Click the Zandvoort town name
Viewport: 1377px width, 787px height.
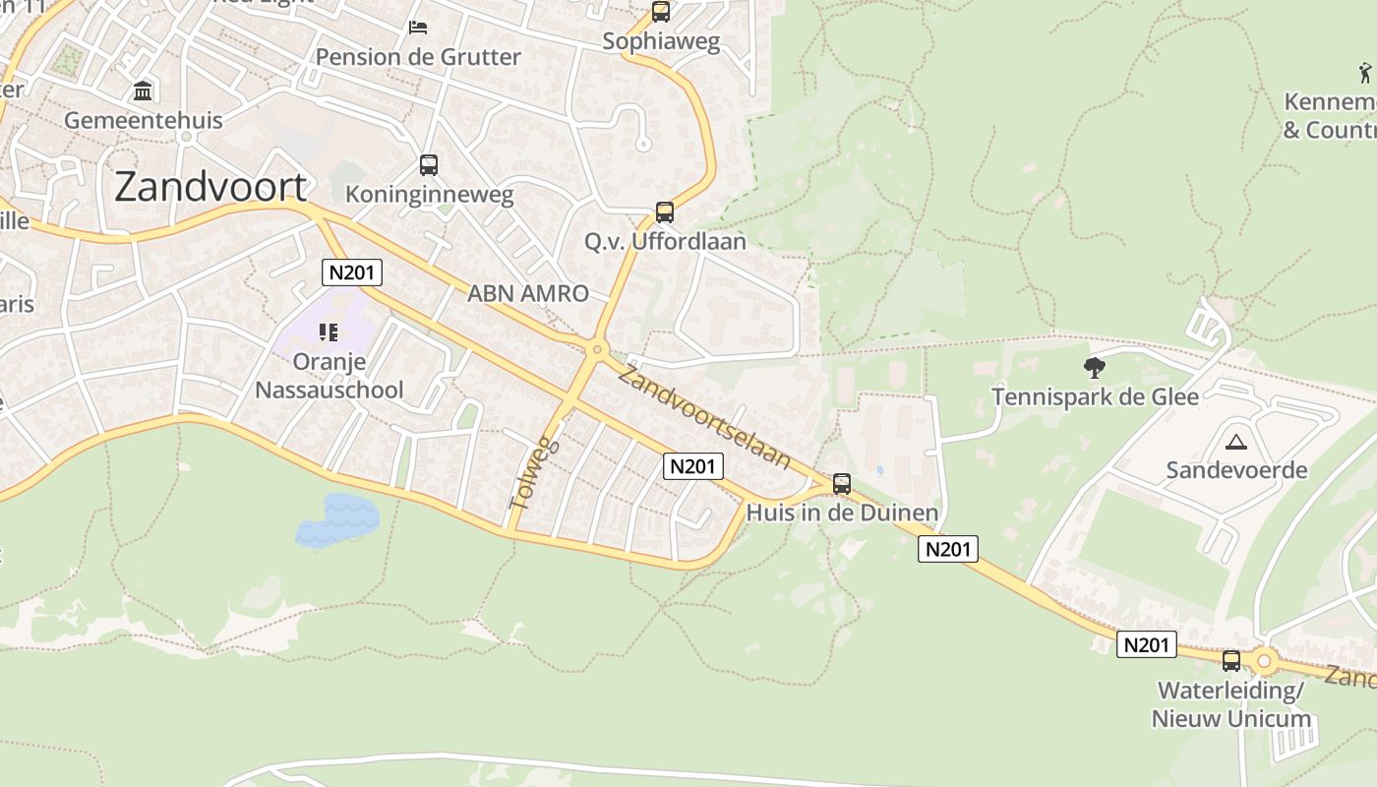(x=210, y=186)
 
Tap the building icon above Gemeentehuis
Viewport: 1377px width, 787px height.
(x=144, y=91)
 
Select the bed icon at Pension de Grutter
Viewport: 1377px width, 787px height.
(x=418, y=27)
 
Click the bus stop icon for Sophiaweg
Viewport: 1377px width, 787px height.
(x=661, y=12)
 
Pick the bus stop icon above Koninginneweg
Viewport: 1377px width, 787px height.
(x=428, y=164)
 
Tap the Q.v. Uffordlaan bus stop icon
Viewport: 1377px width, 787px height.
(x=665, y=212)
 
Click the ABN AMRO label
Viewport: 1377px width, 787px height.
(x=528, y=292)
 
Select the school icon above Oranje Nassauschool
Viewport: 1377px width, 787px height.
(x=329, y=333)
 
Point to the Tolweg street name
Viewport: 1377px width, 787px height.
(x=533, y=474)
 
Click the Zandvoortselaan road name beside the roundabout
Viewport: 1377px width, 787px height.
(x=704, y=417)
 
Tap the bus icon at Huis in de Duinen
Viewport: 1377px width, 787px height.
(x=842, y=483)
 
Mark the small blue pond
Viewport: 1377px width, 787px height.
(x=337, y=519)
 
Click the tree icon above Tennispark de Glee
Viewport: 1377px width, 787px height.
(x=1094, y=368)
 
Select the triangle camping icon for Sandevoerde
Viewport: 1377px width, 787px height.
(x=1236, y=441)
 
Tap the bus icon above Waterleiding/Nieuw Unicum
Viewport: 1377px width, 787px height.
(x=1230, y=660)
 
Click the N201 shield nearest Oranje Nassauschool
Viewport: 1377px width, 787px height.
(x=352, y=272)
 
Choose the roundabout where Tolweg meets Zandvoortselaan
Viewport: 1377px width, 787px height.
(x=596, y=349)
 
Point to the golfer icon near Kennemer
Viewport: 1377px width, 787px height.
(x=1365, y=72)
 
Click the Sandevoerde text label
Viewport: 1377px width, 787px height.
(x=1236, y=469)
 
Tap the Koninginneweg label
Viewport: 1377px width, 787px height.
(x=444, y=194)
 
